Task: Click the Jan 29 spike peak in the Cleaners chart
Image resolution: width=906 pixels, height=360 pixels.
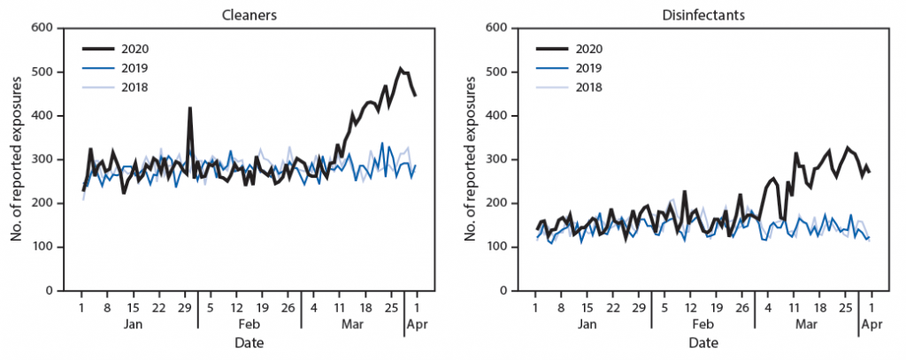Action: [x=189, y=108]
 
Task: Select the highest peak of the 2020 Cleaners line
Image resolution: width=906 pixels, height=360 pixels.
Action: [x=400, y=68]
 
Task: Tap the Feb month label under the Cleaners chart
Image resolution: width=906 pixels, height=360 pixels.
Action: [x=250, y=325]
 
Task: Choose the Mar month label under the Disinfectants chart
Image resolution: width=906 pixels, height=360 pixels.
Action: [x=806, y=325]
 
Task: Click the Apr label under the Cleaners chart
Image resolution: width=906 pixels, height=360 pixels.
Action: [x=417, y=325]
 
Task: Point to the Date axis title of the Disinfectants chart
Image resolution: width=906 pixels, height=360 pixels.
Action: [x=703, y=342]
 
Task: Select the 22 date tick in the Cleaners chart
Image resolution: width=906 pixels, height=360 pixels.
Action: [x=157, y=308]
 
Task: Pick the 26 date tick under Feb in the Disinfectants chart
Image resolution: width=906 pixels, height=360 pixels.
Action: [x=741, y=308]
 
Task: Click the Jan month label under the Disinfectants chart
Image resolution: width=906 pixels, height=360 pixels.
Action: [x=586, y=325]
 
